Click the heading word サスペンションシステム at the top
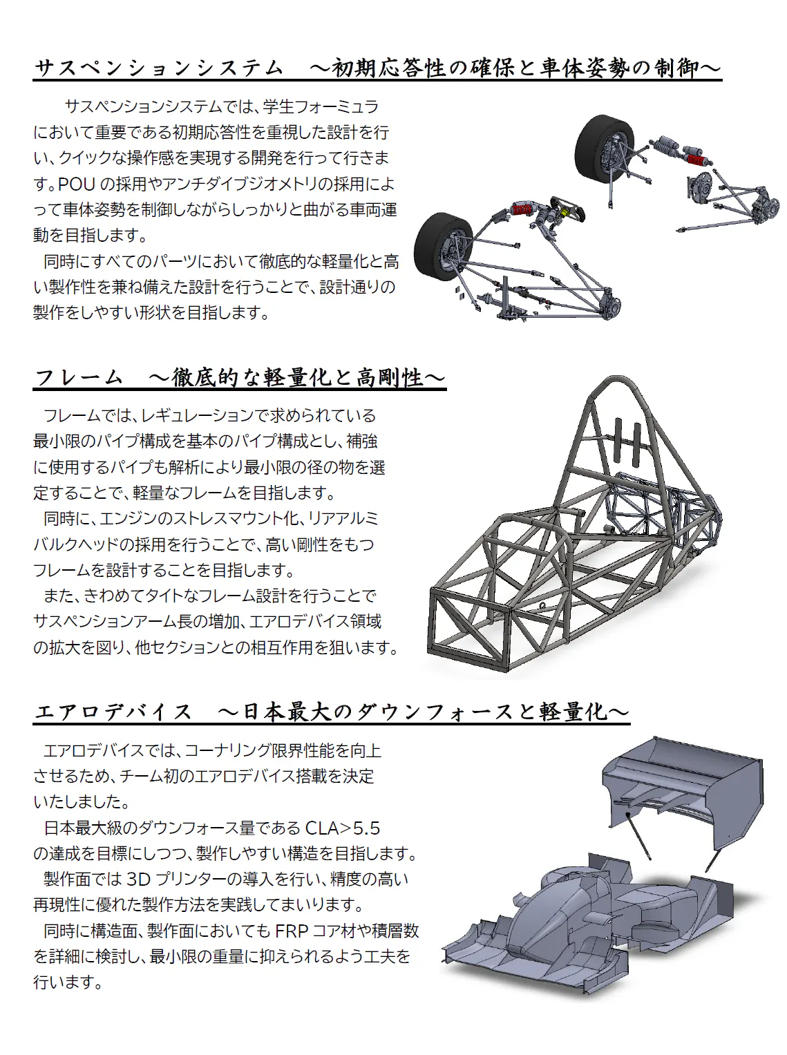(159, 68)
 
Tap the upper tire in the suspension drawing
(604, 149)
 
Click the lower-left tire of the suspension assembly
(443, 245)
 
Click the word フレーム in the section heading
(79, 378)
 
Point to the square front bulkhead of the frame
(469, 629)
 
